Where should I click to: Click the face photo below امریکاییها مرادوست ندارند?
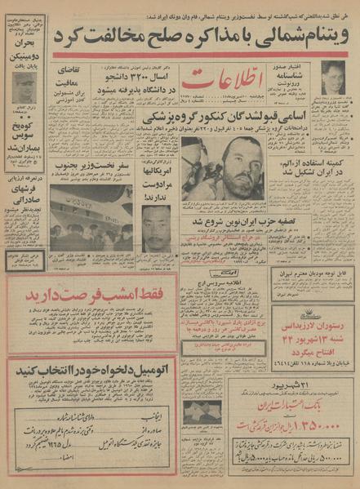point(157,228)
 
